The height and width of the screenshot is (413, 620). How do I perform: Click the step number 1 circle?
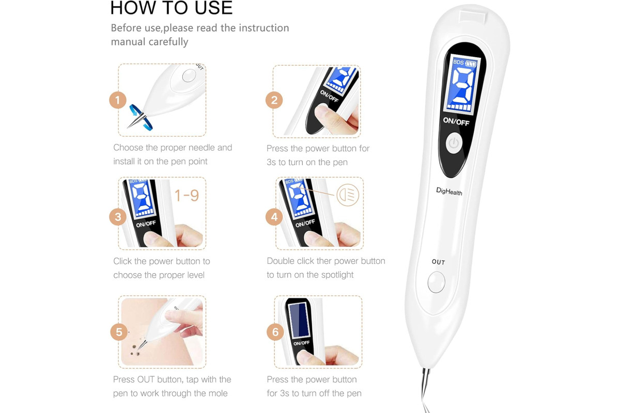pyautogui.click(x=118, y=100)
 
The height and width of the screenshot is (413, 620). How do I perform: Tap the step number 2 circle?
pyautogui.click(x=274, y=100)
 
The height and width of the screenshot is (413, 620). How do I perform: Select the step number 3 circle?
pyautogui.click(x=118, y=217)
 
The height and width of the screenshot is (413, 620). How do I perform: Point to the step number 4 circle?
pyautogui.click(x=274, y=217)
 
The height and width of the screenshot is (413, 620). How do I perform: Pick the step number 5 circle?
pyautogui.click(x=119, y=332)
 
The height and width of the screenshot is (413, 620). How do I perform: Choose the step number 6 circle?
pyautogui.click(x=275, y=332)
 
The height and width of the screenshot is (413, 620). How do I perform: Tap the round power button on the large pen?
pyautogui.click(x=454, y=144)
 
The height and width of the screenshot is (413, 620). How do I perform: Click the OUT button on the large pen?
pyautogui.click(x=437, y=282)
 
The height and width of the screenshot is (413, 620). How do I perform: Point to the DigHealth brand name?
pyautogui.click(x=449, y=191)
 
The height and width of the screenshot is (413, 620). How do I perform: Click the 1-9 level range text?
pyautogui.click(x=187, y=196)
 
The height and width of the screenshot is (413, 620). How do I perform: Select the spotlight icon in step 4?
pyautogui.click(x=348, y=195)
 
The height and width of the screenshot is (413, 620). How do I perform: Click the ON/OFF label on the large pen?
pyautogui.click(x=456, y=121)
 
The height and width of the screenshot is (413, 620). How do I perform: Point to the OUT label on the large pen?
pyautogui.click(x=439, y=262)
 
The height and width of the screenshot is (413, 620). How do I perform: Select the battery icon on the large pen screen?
pyautogui.click(x=471, y=64)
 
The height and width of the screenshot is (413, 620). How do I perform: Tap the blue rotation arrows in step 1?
pyautogui.click(x=141, y=117)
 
